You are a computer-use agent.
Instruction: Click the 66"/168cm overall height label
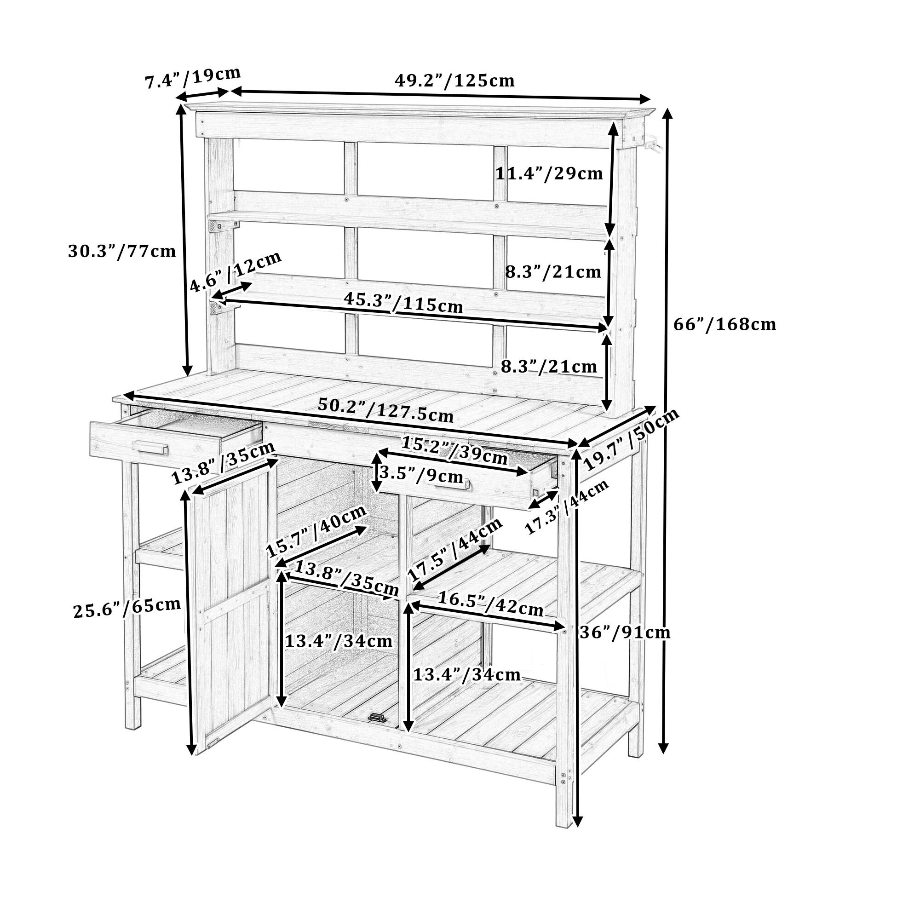(724, 325)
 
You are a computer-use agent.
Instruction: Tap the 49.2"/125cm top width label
(454, 80)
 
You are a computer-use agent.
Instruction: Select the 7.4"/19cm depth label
(193, 78)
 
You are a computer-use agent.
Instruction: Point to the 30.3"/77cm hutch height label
(122, 251)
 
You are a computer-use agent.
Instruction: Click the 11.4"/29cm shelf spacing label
(549, 174)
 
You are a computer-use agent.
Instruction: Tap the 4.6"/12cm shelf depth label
(236, 271)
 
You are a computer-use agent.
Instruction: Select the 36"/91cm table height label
(625, 632)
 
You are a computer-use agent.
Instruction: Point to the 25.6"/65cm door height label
(127, 607)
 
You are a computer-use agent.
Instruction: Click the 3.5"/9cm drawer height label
(421, 475)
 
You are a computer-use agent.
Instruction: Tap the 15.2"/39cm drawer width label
(454, 450)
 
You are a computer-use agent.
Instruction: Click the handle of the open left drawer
(150, 447)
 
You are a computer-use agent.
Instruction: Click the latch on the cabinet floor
(377, 717)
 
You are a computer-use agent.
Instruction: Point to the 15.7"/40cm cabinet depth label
(316, 530)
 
